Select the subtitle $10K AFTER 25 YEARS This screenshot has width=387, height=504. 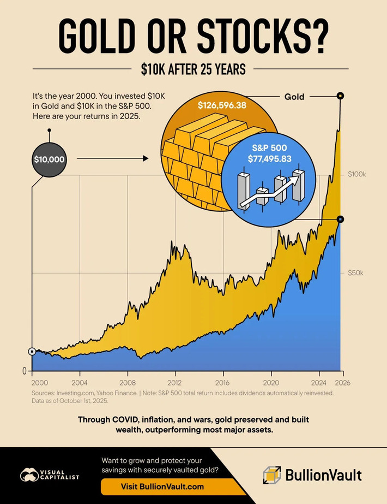193,69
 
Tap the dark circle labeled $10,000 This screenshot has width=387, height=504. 49,159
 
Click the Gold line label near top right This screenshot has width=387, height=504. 294,97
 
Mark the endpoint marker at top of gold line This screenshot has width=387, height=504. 340,96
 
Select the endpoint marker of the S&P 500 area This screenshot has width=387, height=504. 340,219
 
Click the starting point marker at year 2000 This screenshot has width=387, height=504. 32,351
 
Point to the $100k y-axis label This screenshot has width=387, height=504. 356,174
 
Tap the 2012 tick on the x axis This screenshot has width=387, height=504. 175,382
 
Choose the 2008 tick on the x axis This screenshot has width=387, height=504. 128,382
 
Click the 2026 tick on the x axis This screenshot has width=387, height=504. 342,382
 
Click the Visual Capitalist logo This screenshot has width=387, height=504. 50,475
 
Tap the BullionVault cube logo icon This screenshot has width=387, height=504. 272,475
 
